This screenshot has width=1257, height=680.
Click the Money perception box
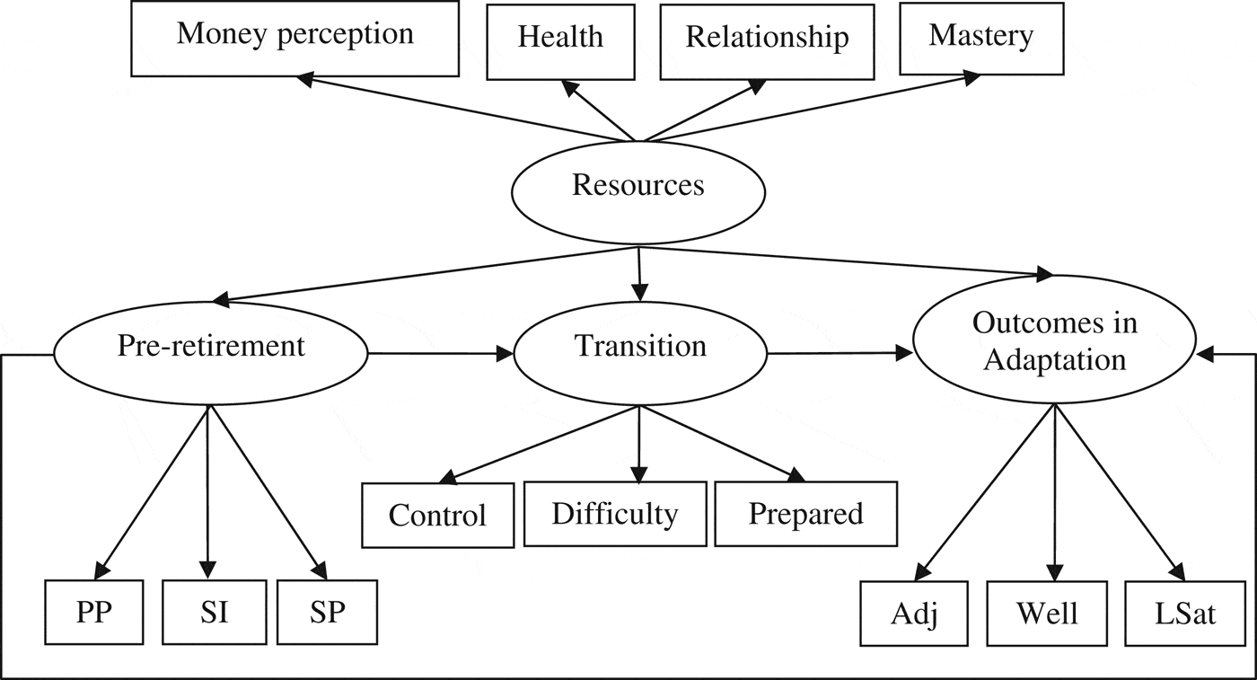coord(295,38)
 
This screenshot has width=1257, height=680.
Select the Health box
coord(561,40)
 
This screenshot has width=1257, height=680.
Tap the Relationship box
coord(767,40)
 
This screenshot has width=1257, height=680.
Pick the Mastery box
coord(980,38)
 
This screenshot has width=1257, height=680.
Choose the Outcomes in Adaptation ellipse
coord(1055,343)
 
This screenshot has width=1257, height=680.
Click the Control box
coord(438,516)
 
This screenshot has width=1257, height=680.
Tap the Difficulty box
coord(614,514)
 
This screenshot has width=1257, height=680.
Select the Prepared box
coord(805,514)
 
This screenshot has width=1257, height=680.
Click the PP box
coord(94,613)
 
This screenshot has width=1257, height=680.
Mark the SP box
coord(327,613)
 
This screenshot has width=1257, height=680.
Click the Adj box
coord(914,614)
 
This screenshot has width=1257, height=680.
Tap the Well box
coord(1047,614)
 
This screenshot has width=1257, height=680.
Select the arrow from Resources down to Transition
coord(639,274)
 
